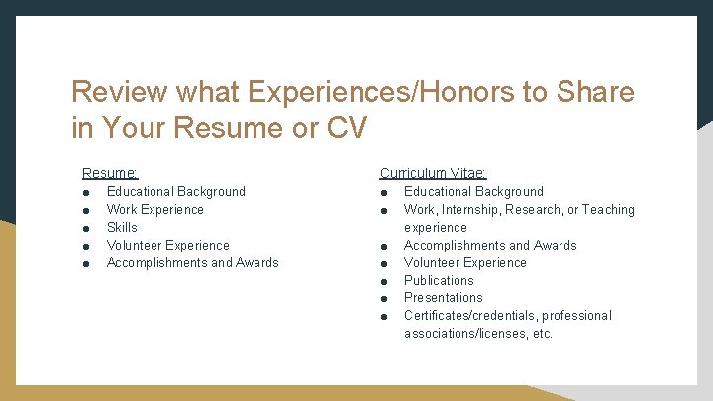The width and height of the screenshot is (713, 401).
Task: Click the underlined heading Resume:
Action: [109, 172]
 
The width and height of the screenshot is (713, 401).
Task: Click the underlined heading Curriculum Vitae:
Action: [433, 172]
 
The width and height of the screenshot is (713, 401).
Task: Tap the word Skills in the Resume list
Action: [122, 227]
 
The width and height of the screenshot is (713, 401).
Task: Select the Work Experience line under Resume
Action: [154, 209]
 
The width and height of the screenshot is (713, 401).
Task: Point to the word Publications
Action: [439, 280]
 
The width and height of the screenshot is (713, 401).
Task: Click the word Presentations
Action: [444, 297]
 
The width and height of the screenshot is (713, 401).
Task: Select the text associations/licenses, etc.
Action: [478, 333]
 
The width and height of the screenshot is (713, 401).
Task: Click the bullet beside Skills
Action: [87, 228]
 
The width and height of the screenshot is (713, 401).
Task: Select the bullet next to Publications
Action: [384, 281]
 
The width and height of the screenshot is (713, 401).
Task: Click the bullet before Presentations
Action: [384, 298]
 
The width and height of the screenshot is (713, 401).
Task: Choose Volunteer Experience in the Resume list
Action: [167, 245]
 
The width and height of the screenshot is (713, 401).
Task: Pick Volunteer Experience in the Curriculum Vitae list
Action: [464, 262]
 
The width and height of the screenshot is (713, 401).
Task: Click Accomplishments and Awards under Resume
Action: [192, 262]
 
